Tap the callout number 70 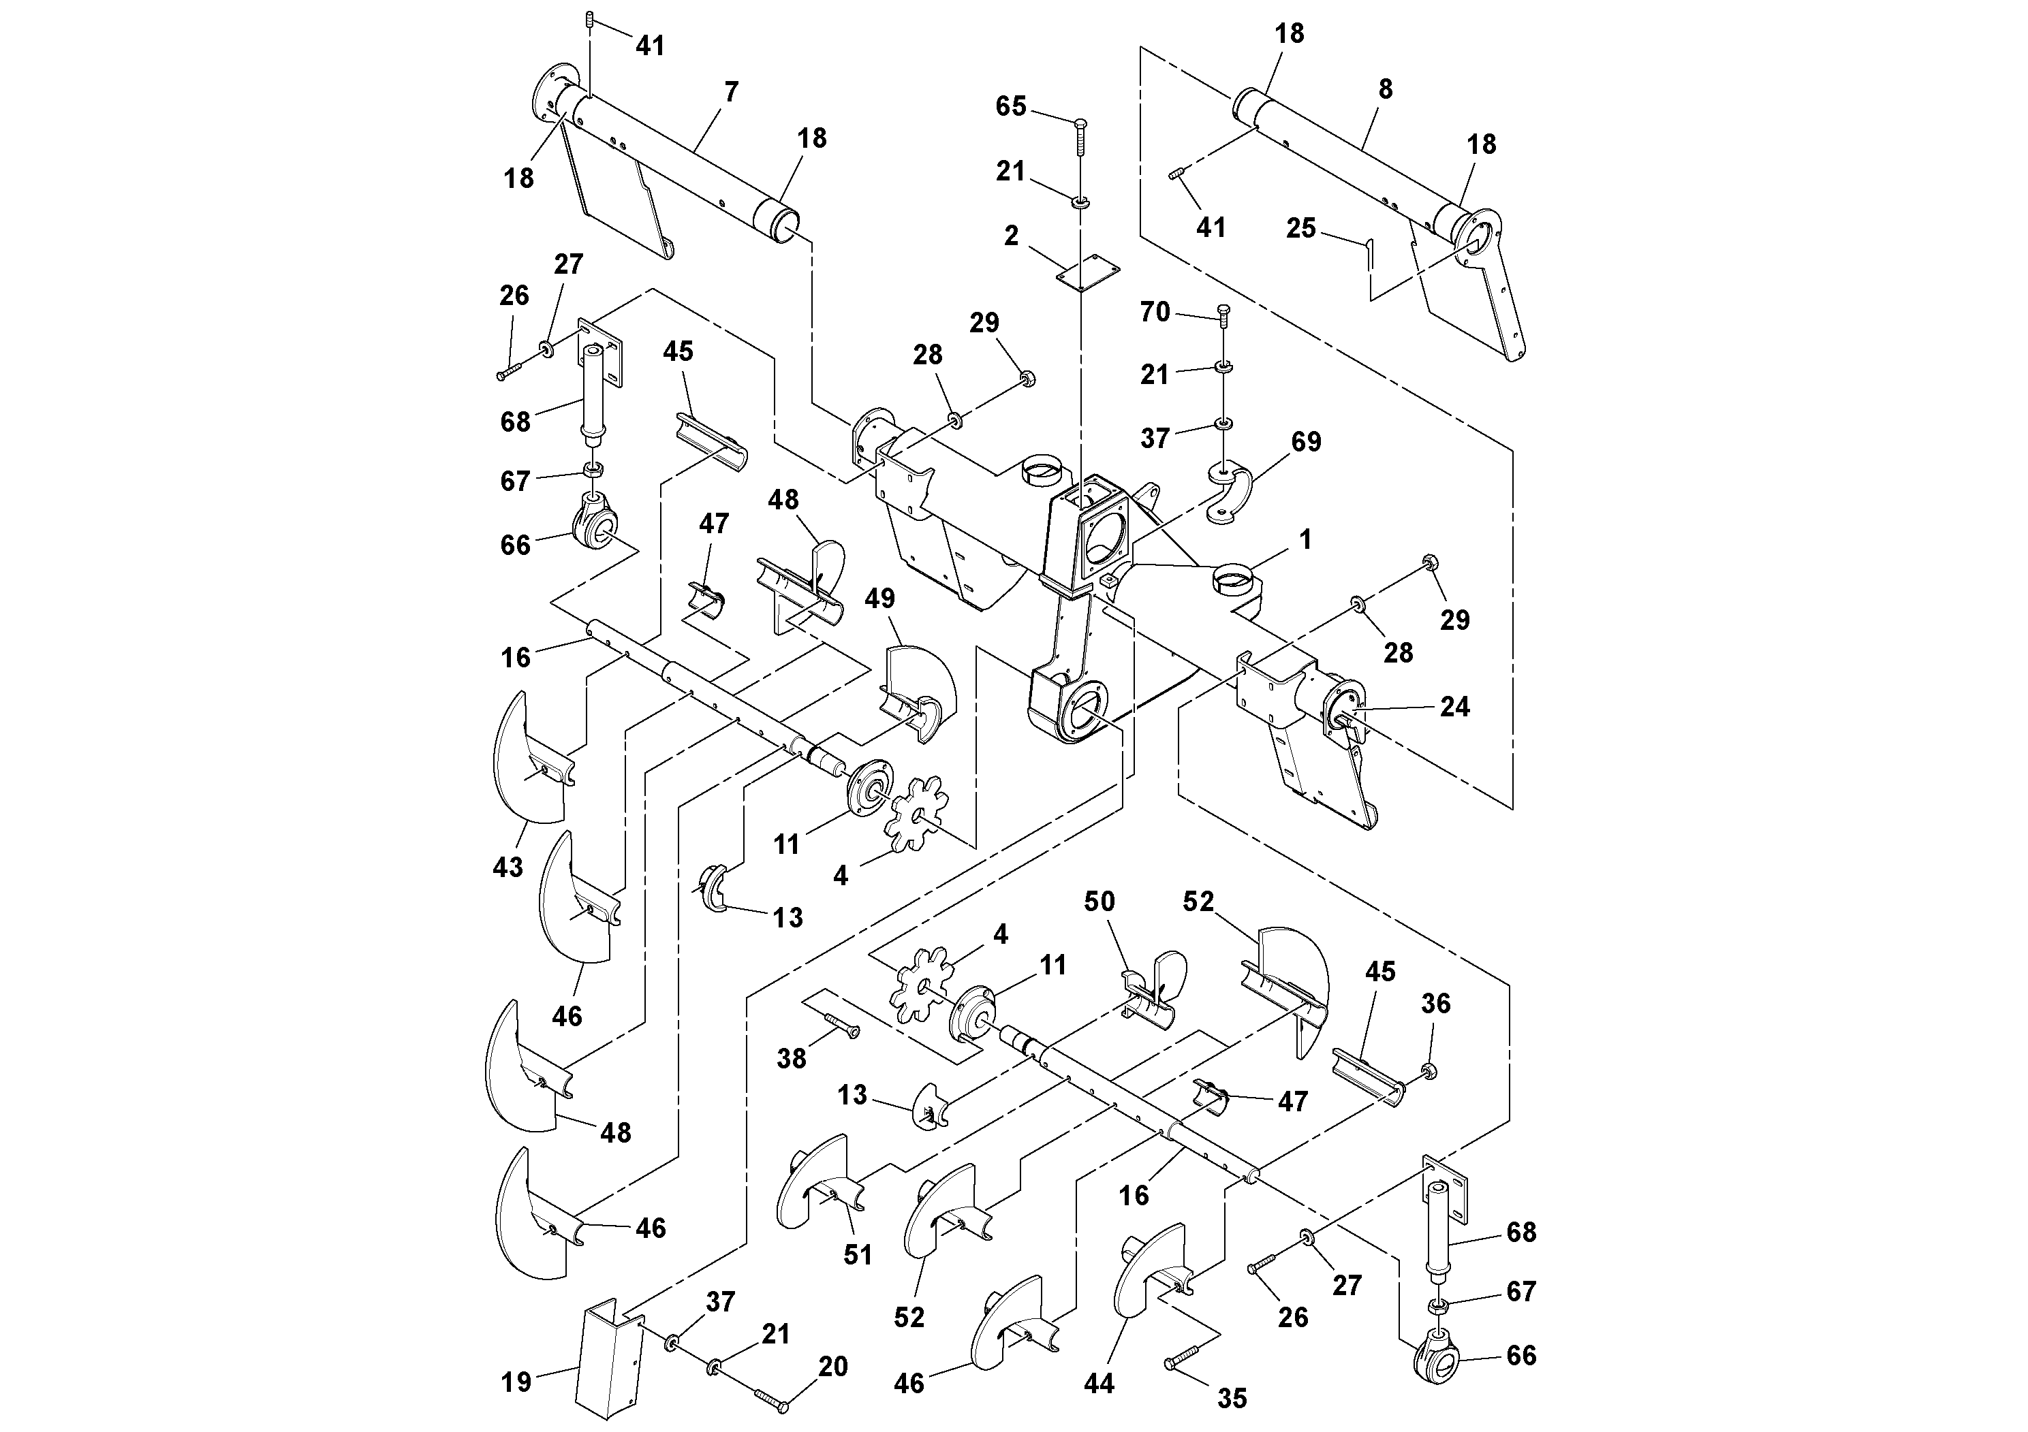point(1155,313)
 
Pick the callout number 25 point(1300,229)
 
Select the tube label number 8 point(1385,89)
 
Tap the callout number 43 point(508,867)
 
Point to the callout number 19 point(517,1382)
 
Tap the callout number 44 point(1099,1384)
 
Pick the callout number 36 point(1435,1003)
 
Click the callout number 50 point(1099,902)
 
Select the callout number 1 point(1305,539)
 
